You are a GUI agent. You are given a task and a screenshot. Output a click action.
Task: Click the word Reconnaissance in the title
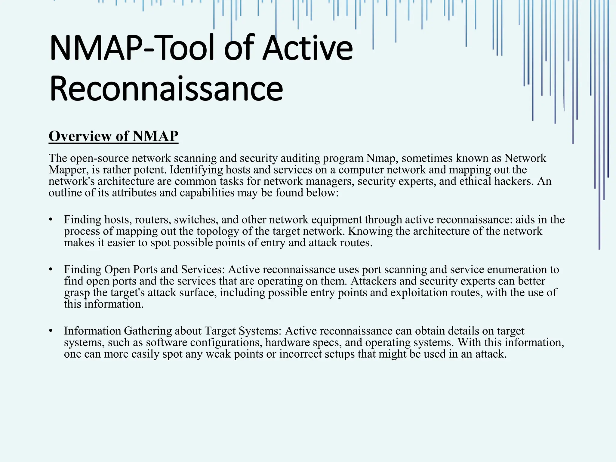[166, 88]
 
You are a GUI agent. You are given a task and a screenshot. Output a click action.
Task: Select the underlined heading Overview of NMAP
[113, 136]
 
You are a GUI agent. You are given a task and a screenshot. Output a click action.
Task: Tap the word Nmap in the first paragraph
[380, 158]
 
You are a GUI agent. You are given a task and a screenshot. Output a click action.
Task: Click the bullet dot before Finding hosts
[51, 220]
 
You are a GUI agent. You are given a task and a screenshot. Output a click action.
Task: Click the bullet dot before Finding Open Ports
[51, 269]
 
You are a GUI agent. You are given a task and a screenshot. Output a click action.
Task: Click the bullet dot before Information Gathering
[51, 331]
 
